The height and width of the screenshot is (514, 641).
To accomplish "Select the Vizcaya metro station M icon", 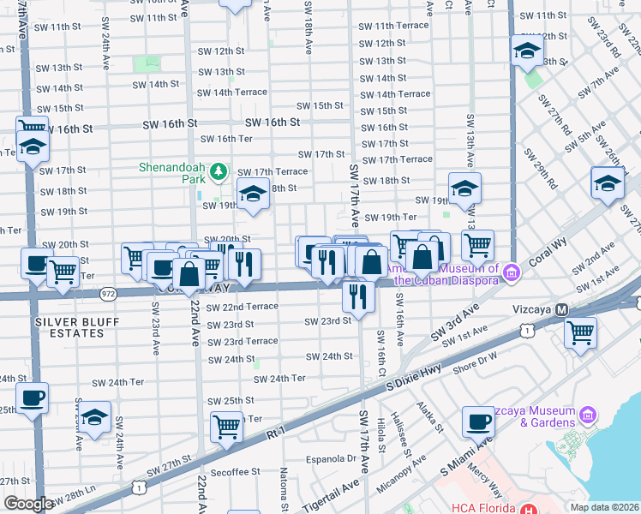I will pos(562,309).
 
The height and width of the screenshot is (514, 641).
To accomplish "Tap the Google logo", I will pos(28,504).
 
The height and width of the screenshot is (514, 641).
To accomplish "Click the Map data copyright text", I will pos(604,507).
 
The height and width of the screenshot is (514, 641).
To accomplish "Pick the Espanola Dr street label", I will pos(327,458).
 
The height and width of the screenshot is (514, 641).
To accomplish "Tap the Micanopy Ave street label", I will pos(404,466).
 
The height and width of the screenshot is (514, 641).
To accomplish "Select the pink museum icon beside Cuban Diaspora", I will pos(512,273).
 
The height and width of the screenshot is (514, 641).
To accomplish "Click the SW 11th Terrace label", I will pos(393,26).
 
